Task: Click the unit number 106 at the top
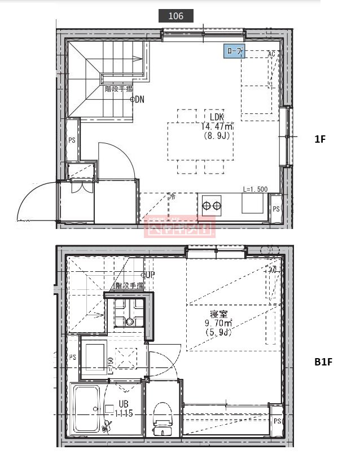pyautogui.click(x=176, y=16)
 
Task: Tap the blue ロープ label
pyautogui.click(x=234, y=52)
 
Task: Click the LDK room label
pyautogui.click(x=218, y=118)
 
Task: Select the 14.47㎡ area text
pyautogui.click(x=217, y=127)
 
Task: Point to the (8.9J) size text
pyautogui.click(x=218, y=136)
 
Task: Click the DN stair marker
pyautogui.click(x=139, y=99)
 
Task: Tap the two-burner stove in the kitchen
pyautogui.click(x=212, y=205)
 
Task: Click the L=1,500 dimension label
pyautogui.click(x=255, y=189)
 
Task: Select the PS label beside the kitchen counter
pyautogui.click(x=276, y=209)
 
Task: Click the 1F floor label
pyautogui.click(x=320, y=139)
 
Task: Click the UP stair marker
pyautogui.click(x=149, y=275)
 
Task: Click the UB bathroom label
pyautogui.click(x=124, y=404)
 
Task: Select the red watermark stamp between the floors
pyautogui.click(x=179, y=227)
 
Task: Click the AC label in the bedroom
pyautogui.click(x=273, y=270)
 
